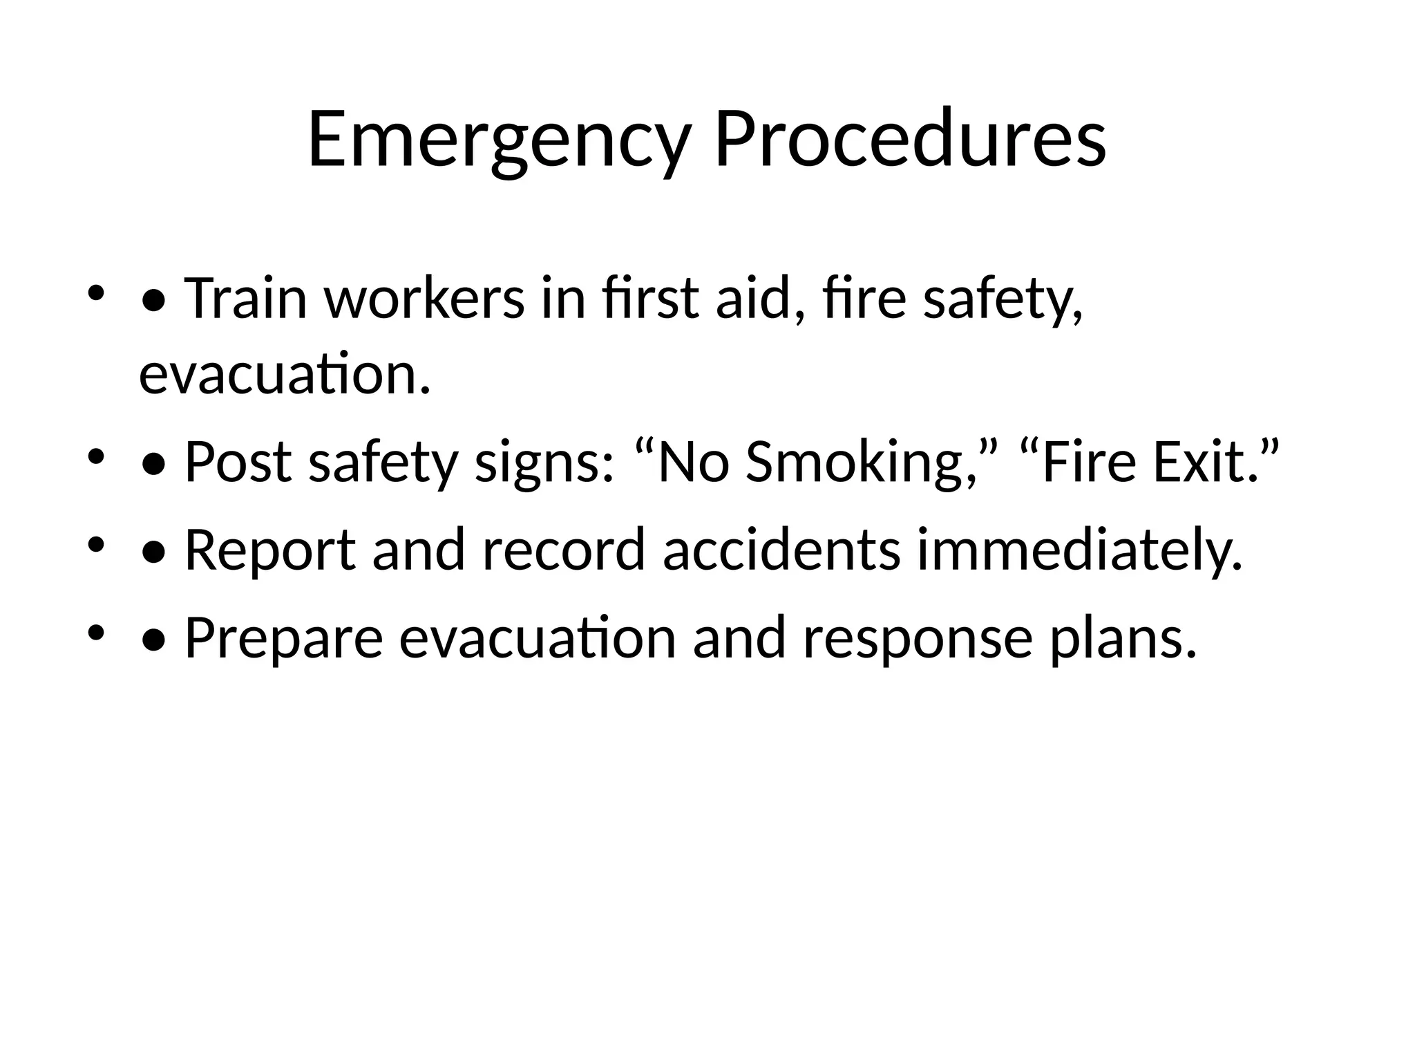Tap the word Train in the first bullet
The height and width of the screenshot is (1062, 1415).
(x=246, y=299)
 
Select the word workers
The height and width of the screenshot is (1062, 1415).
(x=425, y=299)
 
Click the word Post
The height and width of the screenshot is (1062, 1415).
(x=238, y=463)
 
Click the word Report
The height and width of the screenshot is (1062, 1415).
(x=270, y=551)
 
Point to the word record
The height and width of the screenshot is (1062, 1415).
(x=563, y=551)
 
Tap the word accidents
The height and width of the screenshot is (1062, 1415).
(x=781, y=551)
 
